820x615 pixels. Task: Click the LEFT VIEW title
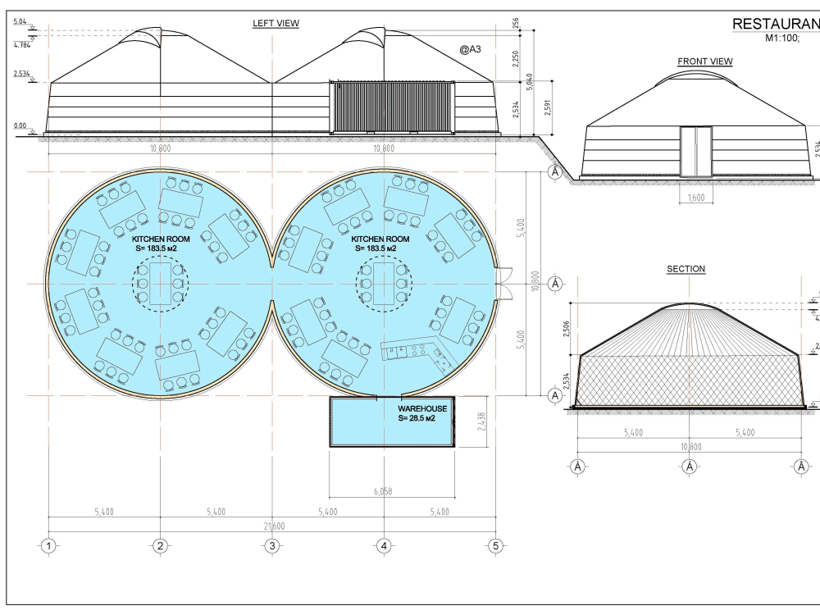(276, 24)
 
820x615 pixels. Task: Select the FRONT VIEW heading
(704, 61)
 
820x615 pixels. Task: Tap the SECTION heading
(686, 269)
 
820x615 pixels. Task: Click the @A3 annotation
(470, 50)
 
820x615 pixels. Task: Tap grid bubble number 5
(494, 545)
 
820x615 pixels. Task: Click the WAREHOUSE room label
(422, 408)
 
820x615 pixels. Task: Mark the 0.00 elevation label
(20, 125)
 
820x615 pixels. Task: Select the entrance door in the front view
(696, 152)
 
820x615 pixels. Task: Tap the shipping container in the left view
(392, 107)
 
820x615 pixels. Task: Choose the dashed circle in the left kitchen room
(161, 284)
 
